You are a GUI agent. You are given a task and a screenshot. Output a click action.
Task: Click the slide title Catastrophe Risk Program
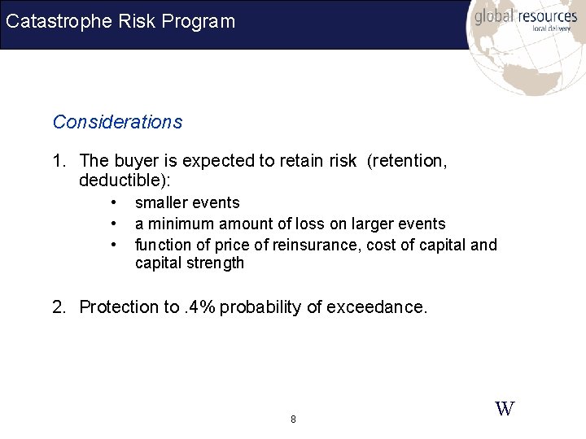point(120,21)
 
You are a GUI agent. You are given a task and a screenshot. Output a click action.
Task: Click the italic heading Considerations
point(117,122)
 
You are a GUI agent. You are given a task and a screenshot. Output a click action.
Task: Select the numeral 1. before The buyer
point(60,161)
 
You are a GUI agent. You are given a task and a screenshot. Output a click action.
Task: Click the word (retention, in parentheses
point(407,161)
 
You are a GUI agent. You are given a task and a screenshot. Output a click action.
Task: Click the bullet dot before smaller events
point(116,202)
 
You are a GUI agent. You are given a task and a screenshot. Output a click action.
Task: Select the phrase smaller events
point(187,202)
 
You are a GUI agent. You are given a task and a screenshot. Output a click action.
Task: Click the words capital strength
point(189,263)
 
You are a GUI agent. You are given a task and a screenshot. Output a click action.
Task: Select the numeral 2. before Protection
point(60,306)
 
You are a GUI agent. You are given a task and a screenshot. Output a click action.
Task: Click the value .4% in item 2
point(199,306)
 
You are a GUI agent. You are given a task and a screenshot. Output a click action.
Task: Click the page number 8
point(293,419)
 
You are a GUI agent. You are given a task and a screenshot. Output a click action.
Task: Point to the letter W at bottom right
point(505,409)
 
